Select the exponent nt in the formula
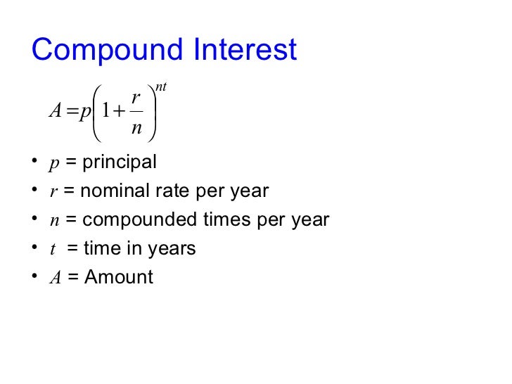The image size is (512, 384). click(x=161, y=87)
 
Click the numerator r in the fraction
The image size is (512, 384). click(x=136, y=100)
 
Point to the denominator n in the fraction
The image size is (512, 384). click(x=136, y=129)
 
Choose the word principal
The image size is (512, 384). click(x=120, y=163)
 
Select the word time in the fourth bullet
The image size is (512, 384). click(x=101, y=248)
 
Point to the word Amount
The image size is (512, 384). click(x=118, y=277)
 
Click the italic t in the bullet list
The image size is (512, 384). click(x=53, y=249)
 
